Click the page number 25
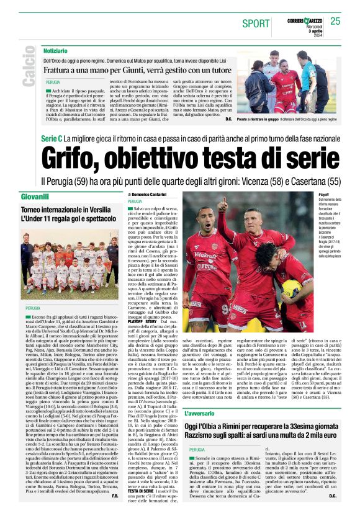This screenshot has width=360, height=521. click(x=335, y=21)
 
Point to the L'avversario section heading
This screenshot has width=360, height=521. click(x=199, y=378)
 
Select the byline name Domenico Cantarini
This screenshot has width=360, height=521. click(x=150, y=195)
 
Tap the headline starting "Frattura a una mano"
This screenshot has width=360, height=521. click(x=125, y=69)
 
